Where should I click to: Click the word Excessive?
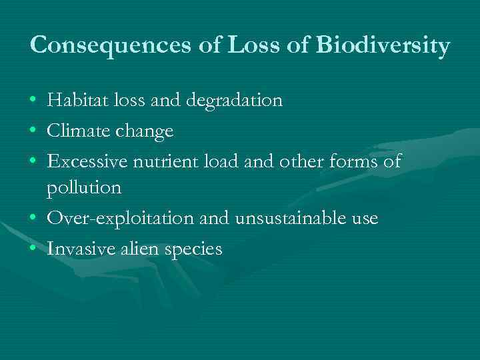coord(89,161)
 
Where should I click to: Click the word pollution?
coord(84,189)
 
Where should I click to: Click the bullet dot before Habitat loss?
coord(33,102)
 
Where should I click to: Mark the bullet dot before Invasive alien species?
coord(33,249)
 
